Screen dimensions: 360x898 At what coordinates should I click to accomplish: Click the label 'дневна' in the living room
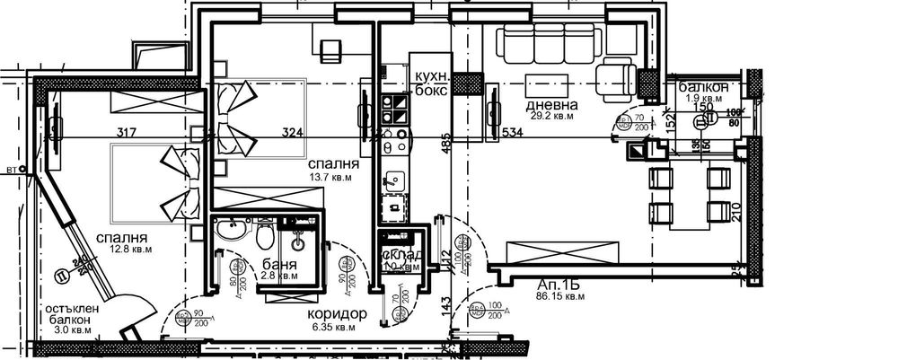coord(551,105)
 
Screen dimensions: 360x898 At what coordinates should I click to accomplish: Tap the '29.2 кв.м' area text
coord(551,117)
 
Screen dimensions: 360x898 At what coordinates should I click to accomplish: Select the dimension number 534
coord(510,134)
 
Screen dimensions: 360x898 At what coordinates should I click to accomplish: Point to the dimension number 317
coord(127,134)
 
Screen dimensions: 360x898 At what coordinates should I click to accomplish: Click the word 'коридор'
coord(337,314)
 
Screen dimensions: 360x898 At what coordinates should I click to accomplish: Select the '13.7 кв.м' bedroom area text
coord(330,178)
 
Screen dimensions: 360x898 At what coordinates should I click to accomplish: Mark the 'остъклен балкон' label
coord(73,318)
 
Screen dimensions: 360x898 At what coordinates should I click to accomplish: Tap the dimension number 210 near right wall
coord(736,212)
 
